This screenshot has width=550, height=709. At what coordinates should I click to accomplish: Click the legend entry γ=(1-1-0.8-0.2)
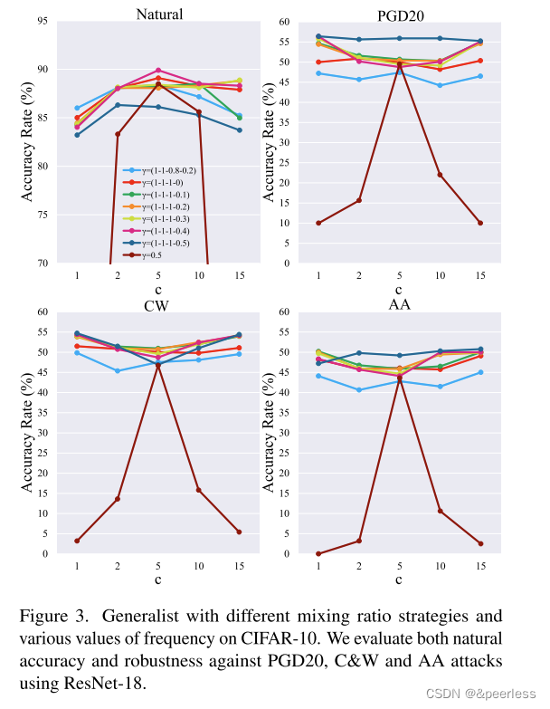click(x=159, y=170)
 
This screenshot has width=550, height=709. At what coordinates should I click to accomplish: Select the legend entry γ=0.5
click(x=145, y=254)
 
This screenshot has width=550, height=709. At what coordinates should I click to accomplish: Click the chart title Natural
click(x=159, y=14)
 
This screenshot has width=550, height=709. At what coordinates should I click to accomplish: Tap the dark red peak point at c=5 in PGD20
click(x=400, y=64)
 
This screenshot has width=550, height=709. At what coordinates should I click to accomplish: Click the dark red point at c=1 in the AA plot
click(x=318, y=553)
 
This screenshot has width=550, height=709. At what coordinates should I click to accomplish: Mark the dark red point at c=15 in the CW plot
click(x=239, y=532)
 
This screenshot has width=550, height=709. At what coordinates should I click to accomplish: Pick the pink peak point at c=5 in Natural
click(x=158, y=71)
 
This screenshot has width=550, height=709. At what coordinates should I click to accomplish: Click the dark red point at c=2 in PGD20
click(x=359, y=200)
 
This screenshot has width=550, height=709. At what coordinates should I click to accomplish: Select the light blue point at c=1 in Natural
click(x=77, y=108)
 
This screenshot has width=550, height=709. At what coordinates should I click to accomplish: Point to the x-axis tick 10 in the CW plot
click(x=199, y=566)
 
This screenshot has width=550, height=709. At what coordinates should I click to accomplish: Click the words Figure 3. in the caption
click(x=47, y=616)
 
